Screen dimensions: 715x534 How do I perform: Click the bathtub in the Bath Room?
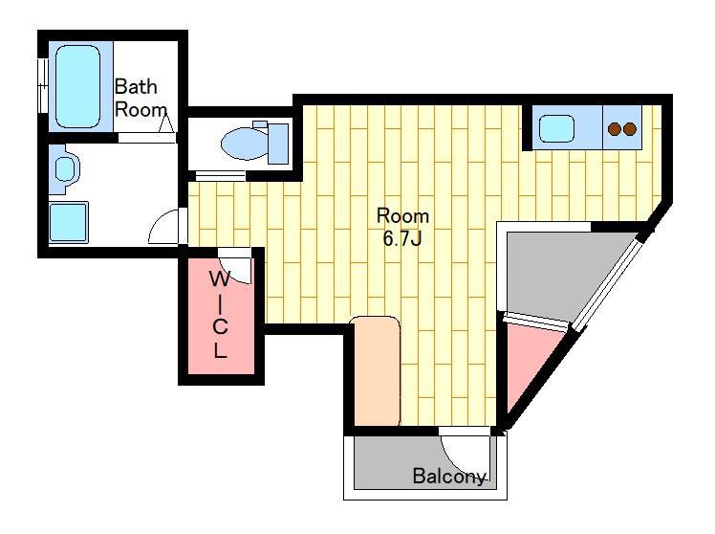[x=77, y=86]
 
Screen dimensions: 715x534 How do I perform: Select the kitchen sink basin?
[x=556, y=128]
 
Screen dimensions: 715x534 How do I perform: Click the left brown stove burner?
[x=616, y=129]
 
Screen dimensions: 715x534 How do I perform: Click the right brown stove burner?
[x=630, y=129]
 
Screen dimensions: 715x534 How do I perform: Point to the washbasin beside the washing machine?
[x=65, y=168]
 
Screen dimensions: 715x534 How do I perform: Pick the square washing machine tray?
[x=69, y=222]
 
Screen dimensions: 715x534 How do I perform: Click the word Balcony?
[x=448, y=476]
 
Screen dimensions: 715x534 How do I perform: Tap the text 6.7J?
[x=401, y=238]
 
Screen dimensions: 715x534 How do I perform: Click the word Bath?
[x=136, y=86]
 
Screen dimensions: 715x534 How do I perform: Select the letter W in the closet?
[x=220, y=278]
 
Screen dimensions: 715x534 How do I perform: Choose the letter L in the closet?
[x=220, y=349]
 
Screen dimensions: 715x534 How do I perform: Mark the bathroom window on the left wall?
[x=42, y=86]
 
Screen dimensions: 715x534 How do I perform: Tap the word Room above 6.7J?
[x=402, y=216]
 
